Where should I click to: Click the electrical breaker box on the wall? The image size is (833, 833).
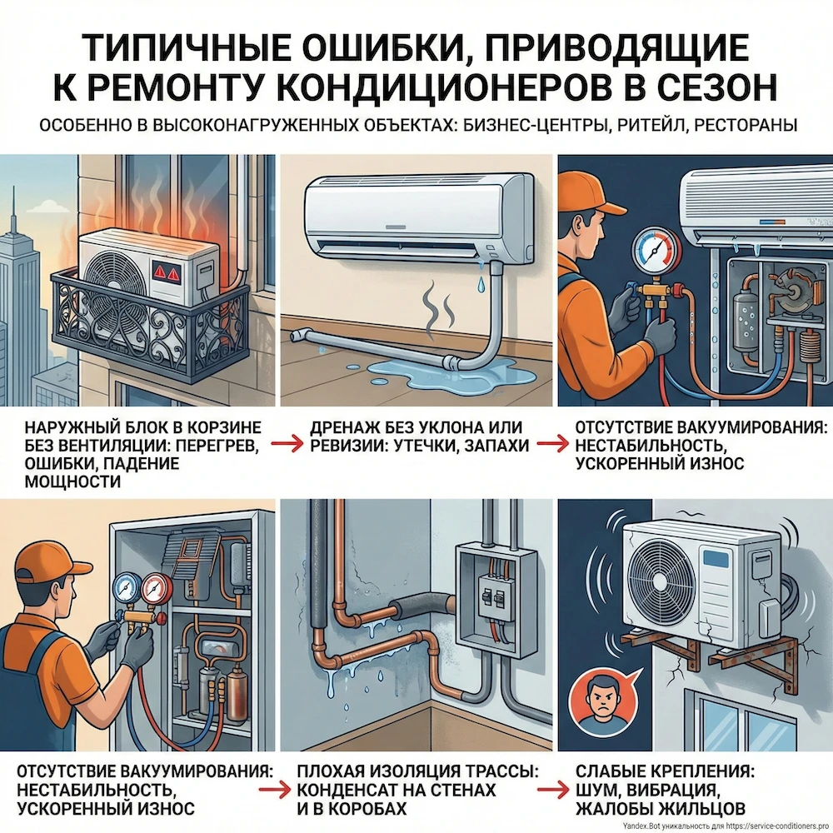pos(492,599)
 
